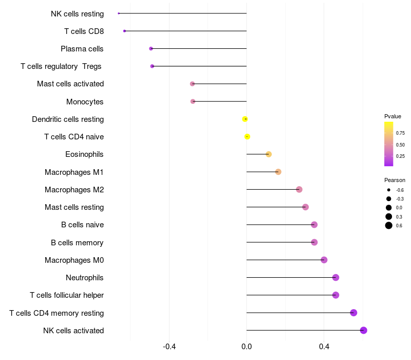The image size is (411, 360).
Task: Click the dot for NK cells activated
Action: pos(363,330)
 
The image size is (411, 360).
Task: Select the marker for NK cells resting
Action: pos(119,13)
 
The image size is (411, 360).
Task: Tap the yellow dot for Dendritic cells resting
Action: pos(245,119)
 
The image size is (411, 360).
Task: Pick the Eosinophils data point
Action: pos(269,154)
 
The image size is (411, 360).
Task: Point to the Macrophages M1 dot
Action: pos(278,172)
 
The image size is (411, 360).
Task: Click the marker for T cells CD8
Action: pos(124,31)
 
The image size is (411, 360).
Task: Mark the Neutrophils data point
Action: pos(336,277)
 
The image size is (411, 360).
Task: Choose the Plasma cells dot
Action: pos(151,48)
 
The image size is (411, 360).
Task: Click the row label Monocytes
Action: pos(85,101)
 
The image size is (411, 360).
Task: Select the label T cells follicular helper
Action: pos(67,295)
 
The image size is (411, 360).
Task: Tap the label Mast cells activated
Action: pos(70,84)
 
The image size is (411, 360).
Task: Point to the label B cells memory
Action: pos(77,243)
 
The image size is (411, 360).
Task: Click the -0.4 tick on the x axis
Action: pos(169,347)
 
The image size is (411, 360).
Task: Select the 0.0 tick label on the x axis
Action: pos(247,347)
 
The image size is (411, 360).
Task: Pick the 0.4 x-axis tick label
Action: pos(324,347)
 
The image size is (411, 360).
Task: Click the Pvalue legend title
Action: pos(393,117)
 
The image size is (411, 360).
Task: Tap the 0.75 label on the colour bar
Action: pos(400,133)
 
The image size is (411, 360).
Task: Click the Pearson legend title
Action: pos(395,181)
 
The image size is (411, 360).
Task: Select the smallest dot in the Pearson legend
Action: pos(389,190)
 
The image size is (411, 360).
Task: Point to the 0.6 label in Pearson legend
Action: pos(399,226)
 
